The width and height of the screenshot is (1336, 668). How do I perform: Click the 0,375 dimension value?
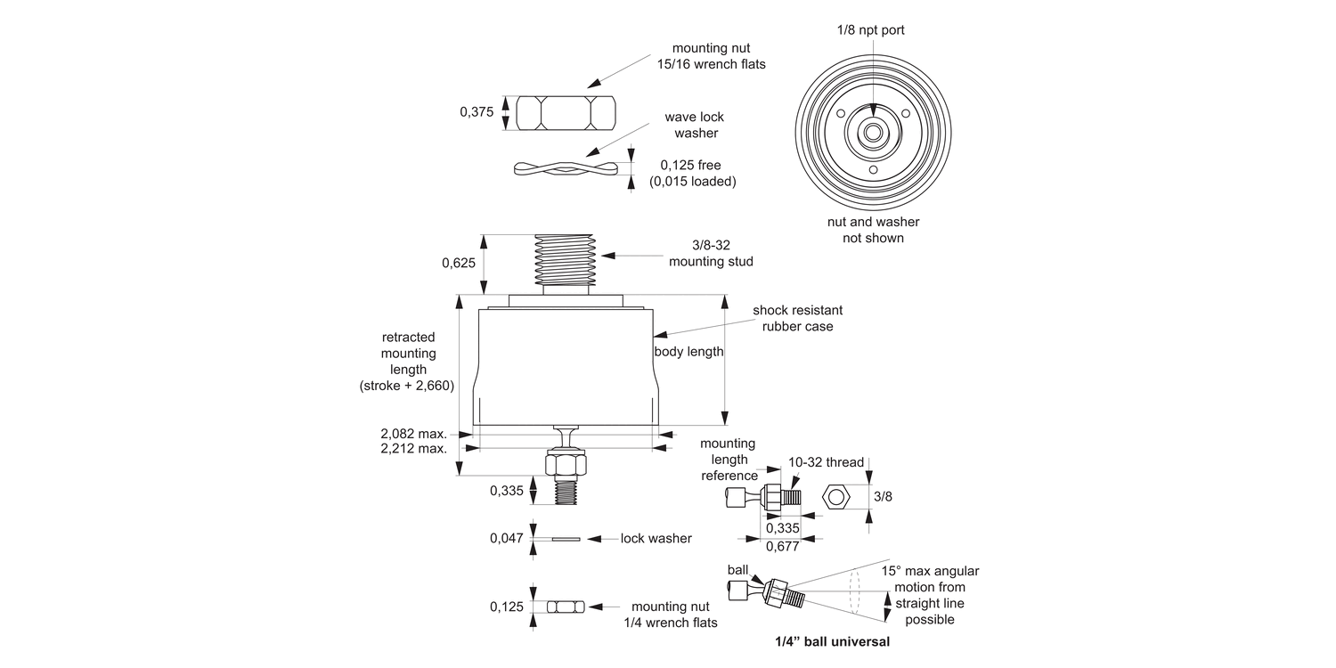[477, 112]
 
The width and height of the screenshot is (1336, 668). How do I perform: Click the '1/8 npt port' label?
[871, 30]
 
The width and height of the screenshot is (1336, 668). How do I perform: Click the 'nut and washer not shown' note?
[872, 230]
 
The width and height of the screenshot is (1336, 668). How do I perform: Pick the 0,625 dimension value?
[459, 263]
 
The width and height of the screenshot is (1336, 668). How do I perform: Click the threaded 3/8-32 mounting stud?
[564, 260]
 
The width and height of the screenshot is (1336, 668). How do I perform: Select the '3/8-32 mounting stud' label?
[711, 254]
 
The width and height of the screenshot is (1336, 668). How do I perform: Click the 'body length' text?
[688, 352]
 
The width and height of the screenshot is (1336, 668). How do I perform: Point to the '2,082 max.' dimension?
[413, 433]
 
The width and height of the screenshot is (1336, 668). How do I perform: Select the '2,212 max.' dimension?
[413, 448]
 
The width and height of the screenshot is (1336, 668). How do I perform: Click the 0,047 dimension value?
[507, 538]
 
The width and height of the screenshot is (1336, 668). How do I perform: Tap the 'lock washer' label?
[656, 538]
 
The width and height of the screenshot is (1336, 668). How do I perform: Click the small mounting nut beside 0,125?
[565, 607]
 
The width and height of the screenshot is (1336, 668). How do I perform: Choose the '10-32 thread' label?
[826, 462]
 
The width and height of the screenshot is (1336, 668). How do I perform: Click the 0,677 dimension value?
[783, 546]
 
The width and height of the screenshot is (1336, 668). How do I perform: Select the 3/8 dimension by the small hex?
[883, 496]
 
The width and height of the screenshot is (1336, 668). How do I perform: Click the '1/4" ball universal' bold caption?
[832, 640]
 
